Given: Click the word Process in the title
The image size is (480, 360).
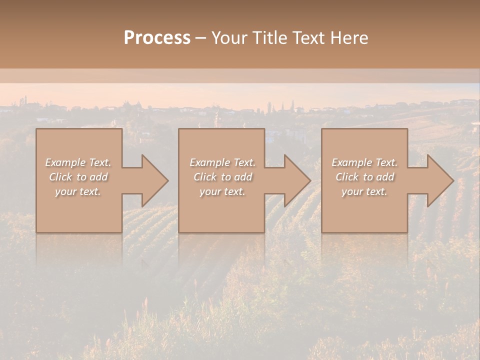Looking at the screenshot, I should pyautogui.click(x=157, y=38).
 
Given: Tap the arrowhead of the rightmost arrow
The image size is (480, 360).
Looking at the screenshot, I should pyautogui.click(x=439, y=180).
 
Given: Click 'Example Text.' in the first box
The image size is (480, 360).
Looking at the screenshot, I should pyautogui.click(x=78, y=162).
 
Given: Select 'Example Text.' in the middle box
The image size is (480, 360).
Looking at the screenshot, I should pyautogui.click(x=222, y=162).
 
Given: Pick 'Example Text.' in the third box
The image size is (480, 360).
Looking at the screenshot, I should pyautogui.click(x=364, y=162).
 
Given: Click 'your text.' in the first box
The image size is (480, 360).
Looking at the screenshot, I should pyautogui.click(x=78, y=191).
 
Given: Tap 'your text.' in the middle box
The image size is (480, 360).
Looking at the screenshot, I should pyautogui.click(x=222, y=191).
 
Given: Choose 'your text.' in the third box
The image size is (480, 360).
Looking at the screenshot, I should pyautogui.click(x=364, y=191).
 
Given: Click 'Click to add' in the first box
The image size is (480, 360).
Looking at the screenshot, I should pyautogui.click(x=78, y=177).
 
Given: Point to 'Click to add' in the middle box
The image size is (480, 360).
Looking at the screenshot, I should pyautogui.click(x=222, y=177).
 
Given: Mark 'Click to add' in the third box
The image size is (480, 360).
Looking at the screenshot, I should pyautogui.click(x=364, y=177).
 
